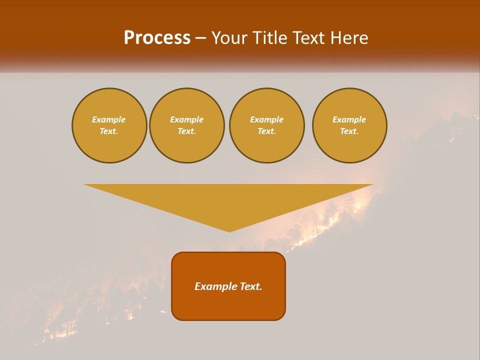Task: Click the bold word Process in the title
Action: coord(157,38)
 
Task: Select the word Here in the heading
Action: coord(348,38)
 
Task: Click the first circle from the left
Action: coord(109,125)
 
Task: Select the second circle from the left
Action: coord(187,125)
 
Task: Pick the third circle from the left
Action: coord(266,125)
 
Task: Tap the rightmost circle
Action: coord(349,125)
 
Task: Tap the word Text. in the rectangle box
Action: coord(251,286)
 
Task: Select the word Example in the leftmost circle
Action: coord(109,119)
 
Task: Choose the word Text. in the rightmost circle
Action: coord(349,131)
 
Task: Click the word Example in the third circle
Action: coord(266,119)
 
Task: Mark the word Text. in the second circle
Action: coord(187,131)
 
